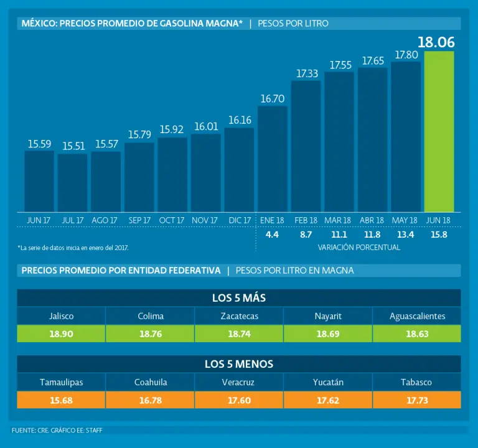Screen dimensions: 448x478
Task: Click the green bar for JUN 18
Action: [x=439, y=131]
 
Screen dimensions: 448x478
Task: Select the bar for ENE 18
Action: [x=273, y=159]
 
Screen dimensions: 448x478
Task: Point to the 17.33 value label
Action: [x=307, y=73]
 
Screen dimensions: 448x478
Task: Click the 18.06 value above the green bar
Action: [x=436, y=42]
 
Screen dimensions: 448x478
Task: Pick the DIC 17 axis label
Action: [x=240, y=220]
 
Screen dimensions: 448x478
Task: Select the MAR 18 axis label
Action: [x=337, y=220]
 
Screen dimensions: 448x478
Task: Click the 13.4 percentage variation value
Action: [x=405, y=235]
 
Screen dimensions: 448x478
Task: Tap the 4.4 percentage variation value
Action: [x=272, y=235]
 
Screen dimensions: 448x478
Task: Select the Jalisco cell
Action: [x=61, y=316]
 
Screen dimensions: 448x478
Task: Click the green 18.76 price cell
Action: [x=150, y=334]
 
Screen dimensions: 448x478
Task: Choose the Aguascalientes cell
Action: [x=417, y=316]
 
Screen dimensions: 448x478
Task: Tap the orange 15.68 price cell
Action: [x=61, y=400]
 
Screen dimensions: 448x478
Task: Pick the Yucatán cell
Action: [x=328, y=382]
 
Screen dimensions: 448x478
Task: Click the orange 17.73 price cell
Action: [x=417, y=400]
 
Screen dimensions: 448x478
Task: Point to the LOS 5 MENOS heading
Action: [x=239, y=364]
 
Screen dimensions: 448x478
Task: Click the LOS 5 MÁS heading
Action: [x=239, y=298]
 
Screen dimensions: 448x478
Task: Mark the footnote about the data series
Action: [x=73, y=248]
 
